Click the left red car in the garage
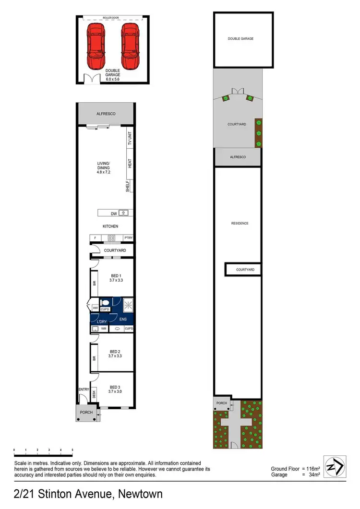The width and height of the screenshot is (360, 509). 96,47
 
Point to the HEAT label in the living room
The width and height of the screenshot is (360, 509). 129,163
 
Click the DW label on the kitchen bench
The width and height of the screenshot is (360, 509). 114,213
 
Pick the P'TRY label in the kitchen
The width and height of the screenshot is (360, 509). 128,238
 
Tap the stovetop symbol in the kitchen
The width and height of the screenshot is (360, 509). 111,238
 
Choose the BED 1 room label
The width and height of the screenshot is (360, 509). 115,275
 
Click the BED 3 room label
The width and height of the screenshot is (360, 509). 115,387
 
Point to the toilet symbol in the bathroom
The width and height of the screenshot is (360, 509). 103,303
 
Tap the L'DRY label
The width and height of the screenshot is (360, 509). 102,321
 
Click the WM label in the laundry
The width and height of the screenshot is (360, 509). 103,329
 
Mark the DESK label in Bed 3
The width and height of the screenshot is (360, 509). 94,393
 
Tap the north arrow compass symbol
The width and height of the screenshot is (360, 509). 335,465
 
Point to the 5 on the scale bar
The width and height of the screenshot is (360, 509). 72,450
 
